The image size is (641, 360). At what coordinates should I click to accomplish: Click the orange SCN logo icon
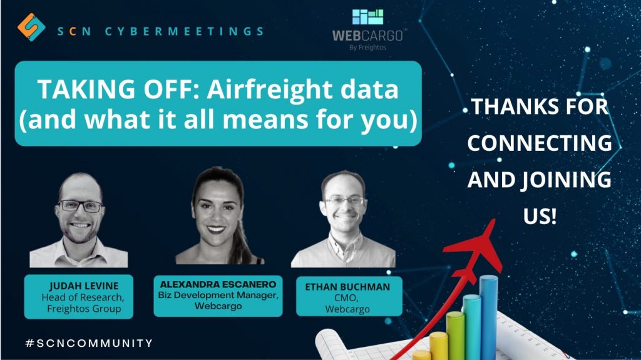(31, 28)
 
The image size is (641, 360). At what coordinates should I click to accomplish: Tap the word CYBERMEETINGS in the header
(185, 31)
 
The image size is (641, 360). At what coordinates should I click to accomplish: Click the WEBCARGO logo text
(367, 36)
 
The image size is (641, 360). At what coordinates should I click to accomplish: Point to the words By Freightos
(367, 48)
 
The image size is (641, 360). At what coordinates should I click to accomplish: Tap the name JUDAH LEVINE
(84, 286)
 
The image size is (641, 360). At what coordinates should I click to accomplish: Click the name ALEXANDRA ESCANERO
(218, 284)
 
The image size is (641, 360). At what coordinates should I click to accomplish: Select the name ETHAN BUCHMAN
(347, 287)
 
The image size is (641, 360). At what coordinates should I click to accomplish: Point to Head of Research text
(83, 297)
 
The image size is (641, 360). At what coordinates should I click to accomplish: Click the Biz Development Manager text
(218, 296)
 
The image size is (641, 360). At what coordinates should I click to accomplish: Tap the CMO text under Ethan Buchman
(346, 298)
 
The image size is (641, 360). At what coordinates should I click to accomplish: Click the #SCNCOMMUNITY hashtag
(89, 343)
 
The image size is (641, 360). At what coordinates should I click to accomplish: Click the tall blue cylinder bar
(488, 317)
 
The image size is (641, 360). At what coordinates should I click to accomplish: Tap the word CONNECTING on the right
(540, 143)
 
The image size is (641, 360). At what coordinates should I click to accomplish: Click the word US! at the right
(540, 216)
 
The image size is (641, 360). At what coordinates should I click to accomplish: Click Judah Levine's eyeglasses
(80, 206)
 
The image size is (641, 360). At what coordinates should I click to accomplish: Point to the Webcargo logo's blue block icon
(368, 17)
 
